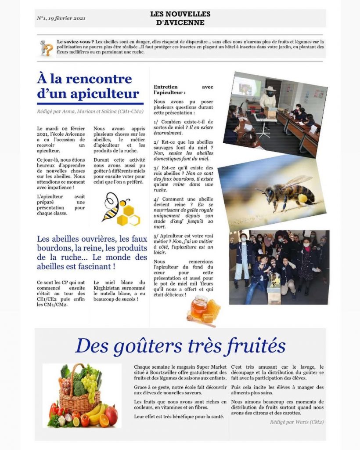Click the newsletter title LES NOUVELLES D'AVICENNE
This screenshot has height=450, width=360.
click(x=180, y=18)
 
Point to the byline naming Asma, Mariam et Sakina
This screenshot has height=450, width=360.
click(x=90, y=112)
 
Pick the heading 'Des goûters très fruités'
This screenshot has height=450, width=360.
click(x=180, y=345)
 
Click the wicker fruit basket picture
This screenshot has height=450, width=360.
click(x=82, y=395)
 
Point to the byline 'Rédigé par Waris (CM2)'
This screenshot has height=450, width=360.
click(x=297, y=422)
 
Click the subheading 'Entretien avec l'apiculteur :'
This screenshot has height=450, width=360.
click(x=183, y=90)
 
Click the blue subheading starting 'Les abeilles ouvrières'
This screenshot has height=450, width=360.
click(x=92, y=253)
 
